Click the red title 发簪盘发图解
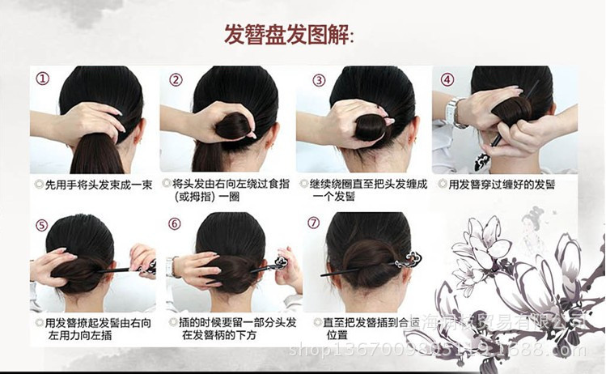click(289, 35)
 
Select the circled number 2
click(176, 79)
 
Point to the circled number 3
click(319, 79)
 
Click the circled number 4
click(447, 79)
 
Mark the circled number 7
click(315, 224)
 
